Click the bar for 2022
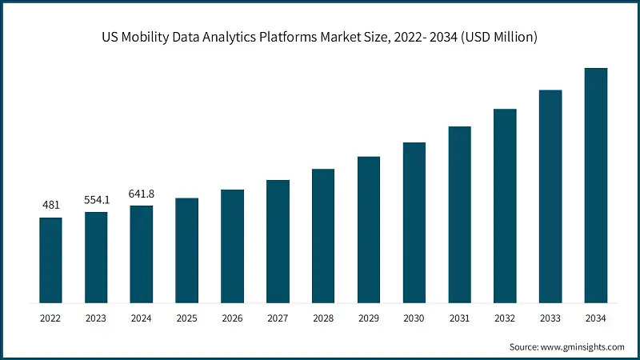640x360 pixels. click(50, 260)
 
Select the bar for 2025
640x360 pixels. click(186, 250)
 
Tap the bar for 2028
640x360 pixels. click(322, 236)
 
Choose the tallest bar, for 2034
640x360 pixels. click(595, 186)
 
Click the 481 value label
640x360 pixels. click(50, 206)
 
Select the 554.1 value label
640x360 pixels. click(96, 200)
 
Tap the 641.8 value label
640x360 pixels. click(142, 194)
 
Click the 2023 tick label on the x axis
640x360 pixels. click(96, 318)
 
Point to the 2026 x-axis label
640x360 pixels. click(232, 318)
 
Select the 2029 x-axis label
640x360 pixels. click(368, 318)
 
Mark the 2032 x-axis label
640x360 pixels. click(504, 318)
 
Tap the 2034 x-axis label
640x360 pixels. click(595, 318)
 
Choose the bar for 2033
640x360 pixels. click(550, 197)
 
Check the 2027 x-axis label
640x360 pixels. click(278, 318)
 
